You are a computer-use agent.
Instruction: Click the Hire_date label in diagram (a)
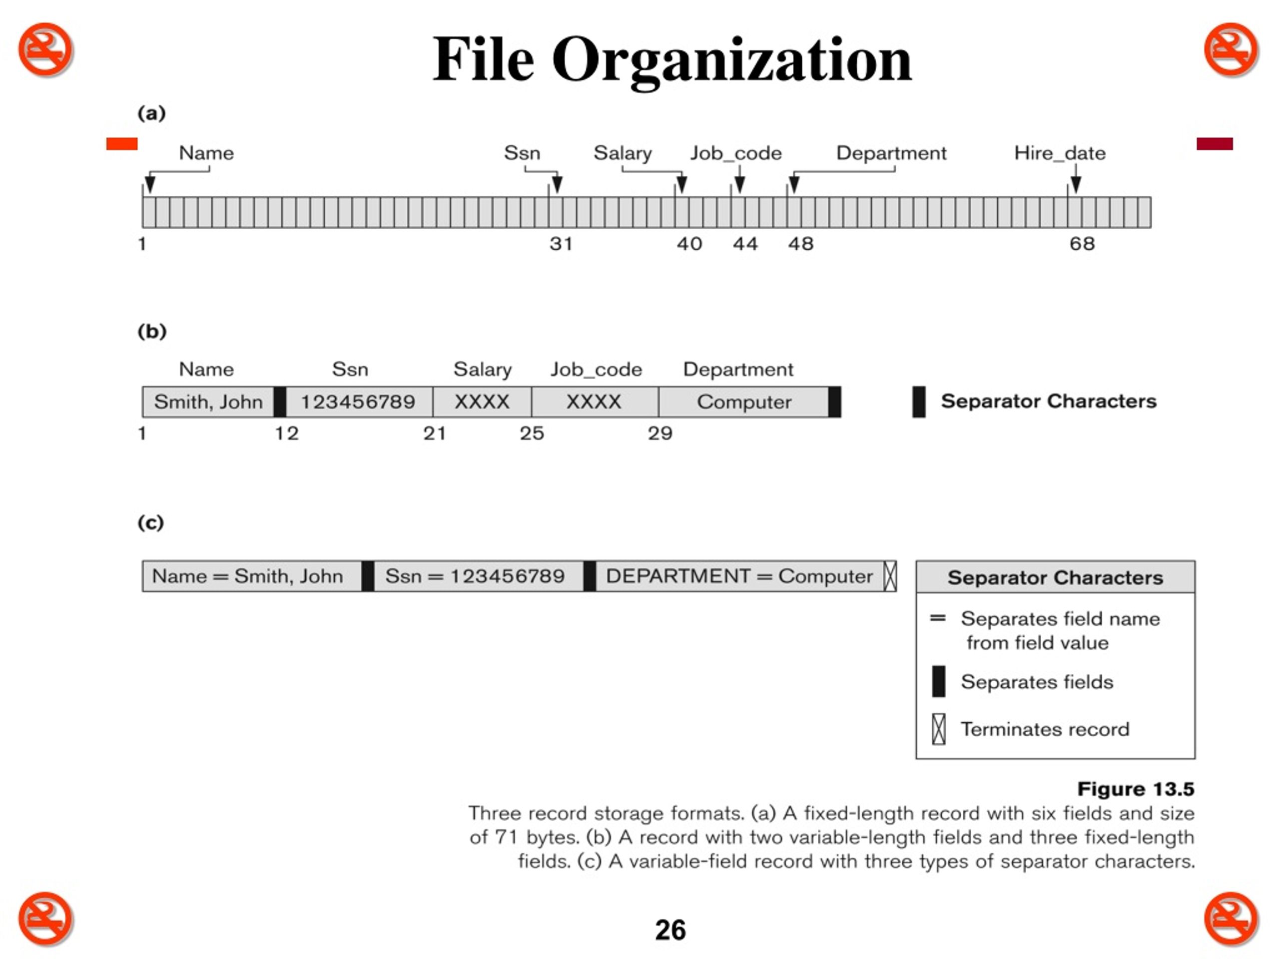(1059, 153)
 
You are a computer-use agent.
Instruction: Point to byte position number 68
(1082, 243)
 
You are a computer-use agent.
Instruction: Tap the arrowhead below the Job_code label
(739, 185)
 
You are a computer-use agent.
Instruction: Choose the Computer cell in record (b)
(743, 402)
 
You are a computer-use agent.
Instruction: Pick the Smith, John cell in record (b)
(208, 402)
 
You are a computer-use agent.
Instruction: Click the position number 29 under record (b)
(660, 433)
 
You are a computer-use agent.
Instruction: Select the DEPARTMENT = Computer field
(739, 576)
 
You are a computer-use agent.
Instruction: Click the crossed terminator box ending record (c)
(890, 576)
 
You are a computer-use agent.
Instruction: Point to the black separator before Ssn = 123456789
(368, 576)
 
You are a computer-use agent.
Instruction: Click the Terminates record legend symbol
(938, 729)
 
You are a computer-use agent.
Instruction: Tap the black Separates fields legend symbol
(938, 681)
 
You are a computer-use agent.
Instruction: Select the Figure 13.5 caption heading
(1136, 789)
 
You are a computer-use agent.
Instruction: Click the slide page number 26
(670, 930)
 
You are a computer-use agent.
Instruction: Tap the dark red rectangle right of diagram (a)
(1215, 143)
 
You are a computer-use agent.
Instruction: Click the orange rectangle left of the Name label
(122, 143)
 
